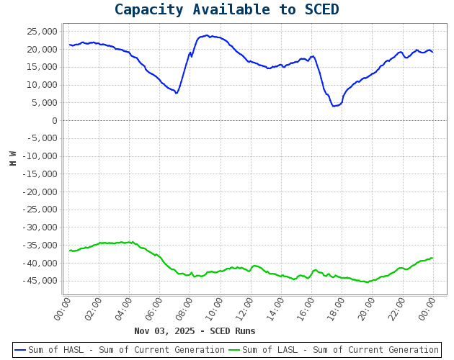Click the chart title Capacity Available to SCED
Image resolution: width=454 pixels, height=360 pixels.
tap(226, 10)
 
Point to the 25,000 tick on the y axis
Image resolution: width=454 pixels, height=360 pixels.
tap(43, 32)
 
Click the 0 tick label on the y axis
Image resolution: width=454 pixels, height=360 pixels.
tap(54, 120)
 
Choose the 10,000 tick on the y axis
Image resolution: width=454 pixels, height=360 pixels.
tap(43, 85)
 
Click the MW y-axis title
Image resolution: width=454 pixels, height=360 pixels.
tap(13, 158)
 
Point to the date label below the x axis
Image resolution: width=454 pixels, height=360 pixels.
tap(195, 331)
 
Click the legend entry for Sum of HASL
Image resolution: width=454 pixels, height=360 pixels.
tap(120, 350)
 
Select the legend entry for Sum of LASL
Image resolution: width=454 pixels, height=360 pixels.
tap(334, 350)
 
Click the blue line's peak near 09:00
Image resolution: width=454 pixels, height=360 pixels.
tap(207, 35)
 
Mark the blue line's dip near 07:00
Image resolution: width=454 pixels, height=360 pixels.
tap(176, 93)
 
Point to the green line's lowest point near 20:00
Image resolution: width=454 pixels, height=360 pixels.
tap(367, 282)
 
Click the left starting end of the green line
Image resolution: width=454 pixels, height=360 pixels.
tap(70, 251)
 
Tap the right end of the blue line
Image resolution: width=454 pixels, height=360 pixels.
tap(432, 52)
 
